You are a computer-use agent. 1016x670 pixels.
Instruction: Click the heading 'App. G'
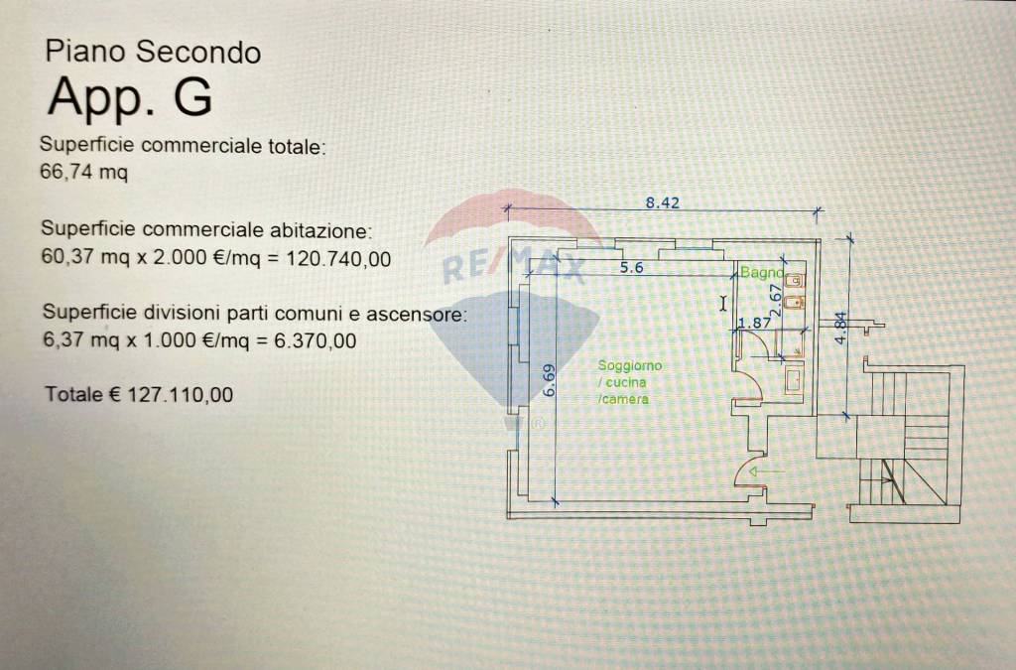point(130,96)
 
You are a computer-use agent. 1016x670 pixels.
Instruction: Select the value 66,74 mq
point(84,173)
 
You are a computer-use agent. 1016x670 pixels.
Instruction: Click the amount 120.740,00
point(339,258)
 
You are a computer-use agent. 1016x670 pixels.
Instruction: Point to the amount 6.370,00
point(316,340)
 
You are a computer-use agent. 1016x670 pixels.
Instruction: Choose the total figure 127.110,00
point(181,394)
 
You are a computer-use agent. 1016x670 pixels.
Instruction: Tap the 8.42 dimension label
point(662,202)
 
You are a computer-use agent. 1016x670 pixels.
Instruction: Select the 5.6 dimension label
point(631,267)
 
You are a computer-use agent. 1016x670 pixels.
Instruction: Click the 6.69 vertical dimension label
point(550,380)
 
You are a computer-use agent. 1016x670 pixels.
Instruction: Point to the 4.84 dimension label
point(840,328)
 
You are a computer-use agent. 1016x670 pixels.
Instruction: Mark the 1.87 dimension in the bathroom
point(755,322)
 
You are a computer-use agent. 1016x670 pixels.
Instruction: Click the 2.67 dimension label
point(776,300)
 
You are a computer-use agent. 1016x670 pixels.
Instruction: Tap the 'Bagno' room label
point(761,272)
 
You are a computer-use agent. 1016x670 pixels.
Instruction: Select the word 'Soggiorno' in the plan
point(630,365)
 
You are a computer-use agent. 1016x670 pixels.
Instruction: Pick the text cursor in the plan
point(723,303)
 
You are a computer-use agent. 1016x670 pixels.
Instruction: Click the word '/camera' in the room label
point(623,399)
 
